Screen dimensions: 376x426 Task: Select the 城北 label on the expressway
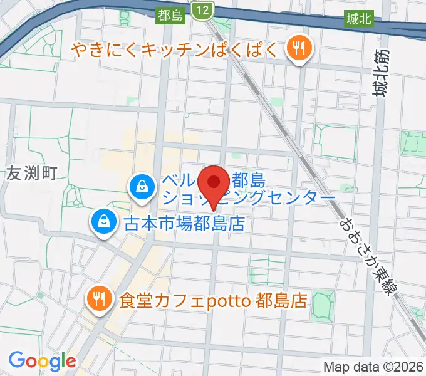click(x=358, y=19)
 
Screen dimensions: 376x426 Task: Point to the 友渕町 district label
click(x=32, y=174)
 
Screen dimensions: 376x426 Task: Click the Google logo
click(x=41, y=361)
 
